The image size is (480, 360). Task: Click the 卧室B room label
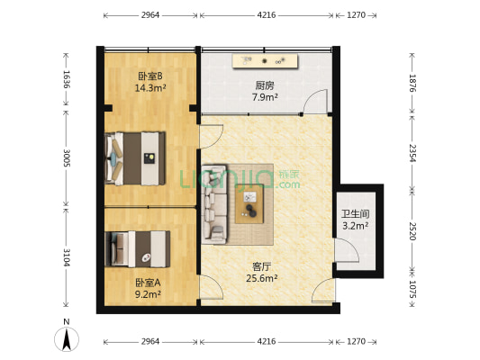click(x=149, y=76)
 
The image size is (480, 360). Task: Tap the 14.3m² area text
click(x=149, y=88)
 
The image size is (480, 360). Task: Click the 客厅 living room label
click(x=262, y=266)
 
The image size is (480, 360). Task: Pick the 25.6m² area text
click(x=262, y=278)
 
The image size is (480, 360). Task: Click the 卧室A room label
click(x=148, y=283)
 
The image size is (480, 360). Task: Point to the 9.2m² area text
click(x=148, y=294)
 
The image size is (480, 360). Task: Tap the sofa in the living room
click(x=214, y=204)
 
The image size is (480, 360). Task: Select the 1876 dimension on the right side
click(x=412, y=83)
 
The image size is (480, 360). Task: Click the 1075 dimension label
click(x=412, y=290)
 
